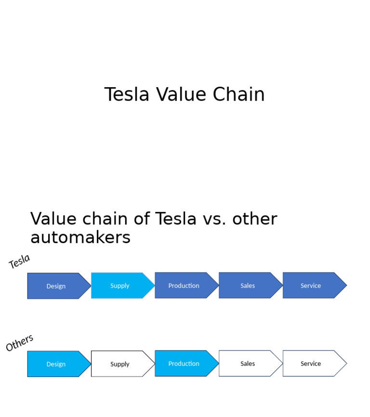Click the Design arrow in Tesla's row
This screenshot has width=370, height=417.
point(56,286)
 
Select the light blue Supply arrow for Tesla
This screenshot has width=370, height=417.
point(120,286)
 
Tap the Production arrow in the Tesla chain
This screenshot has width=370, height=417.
point(184,286)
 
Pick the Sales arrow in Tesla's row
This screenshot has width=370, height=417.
point(248,286)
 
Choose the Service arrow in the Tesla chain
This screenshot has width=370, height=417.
point(311,286)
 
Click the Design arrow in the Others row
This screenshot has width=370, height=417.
point(56,364)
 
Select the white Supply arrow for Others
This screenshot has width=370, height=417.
point(120,364)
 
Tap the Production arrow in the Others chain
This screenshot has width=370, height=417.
point(184,364)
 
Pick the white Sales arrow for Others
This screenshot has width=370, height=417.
point(248,364)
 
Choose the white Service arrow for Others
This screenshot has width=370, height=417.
point(311,364)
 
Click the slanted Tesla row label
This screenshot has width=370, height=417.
point(19,261)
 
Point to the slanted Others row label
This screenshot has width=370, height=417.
point(19,342)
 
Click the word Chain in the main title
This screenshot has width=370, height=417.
point(238,95)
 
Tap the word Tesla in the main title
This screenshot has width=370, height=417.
point(127,95)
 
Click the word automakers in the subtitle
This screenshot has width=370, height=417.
point(80,237)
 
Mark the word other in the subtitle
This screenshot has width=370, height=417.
point(254,219)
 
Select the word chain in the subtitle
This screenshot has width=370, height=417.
point(105,219)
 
